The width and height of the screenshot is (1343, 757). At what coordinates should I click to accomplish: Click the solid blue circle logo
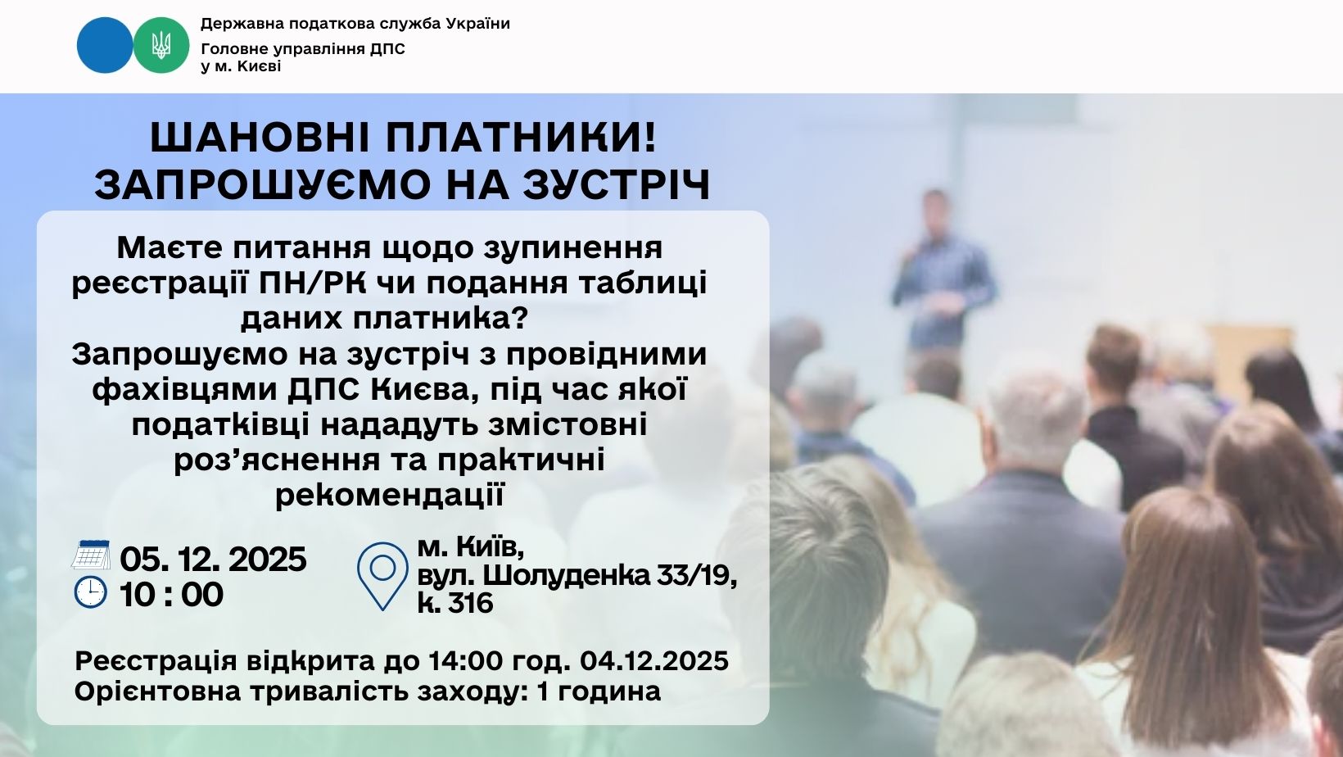click(104, 45)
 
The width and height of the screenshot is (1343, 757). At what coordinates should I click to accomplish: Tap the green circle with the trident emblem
click(161, 45)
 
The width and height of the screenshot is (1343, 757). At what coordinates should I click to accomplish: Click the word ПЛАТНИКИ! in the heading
click(522, 138)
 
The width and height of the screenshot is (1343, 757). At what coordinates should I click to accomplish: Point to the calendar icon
click(91, 555)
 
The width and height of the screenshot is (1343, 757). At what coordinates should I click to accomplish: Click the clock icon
click(91, 592)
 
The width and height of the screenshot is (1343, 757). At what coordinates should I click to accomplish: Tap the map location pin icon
click(382, 576)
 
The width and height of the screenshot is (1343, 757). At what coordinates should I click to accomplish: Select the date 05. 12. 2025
click(214, 559)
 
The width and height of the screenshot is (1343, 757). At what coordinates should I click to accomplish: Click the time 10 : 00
click(171, 595)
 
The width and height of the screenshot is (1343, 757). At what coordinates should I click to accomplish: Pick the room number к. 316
click(455, 603)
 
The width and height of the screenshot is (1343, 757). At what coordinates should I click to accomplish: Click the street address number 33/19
click(696, 576)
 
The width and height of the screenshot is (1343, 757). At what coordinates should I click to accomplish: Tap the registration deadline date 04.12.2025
click(654, 661)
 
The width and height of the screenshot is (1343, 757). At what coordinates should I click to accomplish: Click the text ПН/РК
click(312, 283)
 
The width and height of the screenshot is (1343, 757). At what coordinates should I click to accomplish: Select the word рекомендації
click(390, 495)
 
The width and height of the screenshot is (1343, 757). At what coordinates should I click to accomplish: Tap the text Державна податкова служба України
click(355, 24)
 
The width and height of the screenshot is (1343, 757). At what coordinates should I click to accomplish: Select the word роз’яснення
click(277, 460)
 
